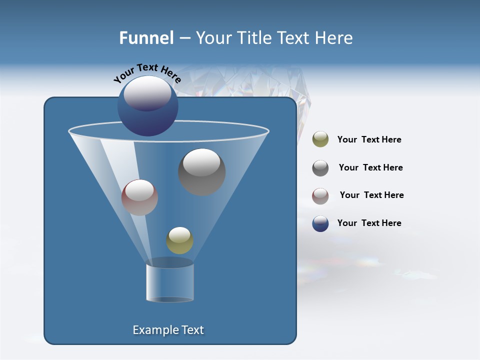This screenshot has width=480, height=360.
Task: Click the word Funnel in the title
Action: [146, 38]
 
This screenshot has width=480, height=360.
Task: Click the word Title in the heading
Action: [253, 38]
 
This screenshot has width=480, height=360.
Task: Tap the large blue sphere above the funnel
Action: [147, 105]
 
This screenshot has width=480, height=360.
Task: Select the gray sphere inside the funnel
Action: [201, 171]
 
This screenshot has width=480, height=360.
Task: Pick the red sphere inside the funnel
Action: [139, 197]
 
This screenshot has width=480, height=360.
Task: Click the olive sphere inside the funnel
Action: [179, 240]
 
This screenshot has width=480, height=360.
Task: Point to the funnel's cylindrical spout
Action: [169, 282]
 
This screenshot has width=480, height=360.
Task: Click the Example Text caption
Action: [168, 330]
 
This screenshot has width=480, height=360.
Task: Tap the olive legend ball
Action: [320, 139]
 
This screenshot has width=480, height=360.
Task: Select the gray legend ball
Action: [320, 168]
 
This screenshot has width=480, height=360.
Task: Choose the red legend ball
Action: [320, 196]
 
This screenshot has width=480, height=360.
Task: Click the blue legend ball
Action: [320, 223]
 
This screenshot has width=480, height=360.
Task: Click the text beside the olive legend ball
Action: [369, 139]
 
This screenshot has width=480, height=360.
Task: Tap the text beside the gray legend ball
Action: [370, 167]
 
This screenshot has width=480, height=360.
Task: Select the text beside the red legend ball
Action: [371, 195]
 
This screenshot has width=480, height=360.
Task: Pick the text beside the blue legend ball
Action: [369, 223]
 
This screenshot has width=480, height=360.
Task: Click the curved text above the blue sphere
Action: [147, 72]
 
